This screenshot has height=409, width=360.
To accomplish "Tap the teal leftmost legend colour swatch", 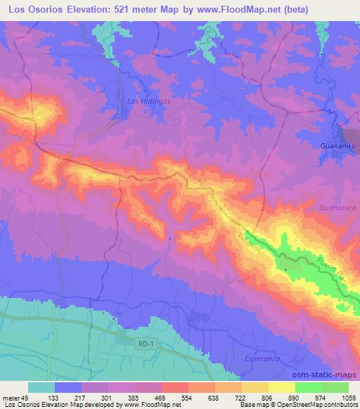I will pos(41,387).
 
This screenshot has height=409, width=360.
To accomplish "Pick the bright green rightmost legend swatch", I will pos(335,387).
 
